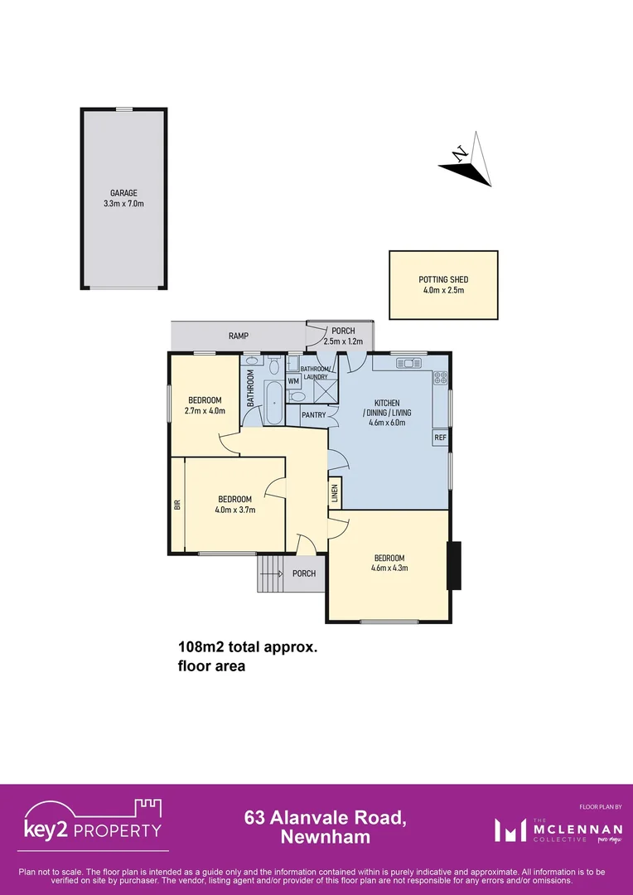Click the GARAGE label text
click(x=123, y=193)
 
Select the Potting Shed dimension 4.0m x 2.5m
click(x=443, y=291)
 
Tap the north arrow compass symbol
click(x=468, y=161)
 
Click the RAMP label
click(x=239, y=336)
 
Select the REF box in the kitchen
click(x=440, y=437)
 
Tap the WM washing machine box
click(x=293, y=381)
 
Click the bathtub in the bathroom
click(x=273, y=404)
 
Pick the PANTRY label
click(x=313, y=414)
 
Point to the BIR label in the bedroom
click(x=177, y=504)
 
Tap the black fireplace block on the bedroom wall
click(x=453, y=565)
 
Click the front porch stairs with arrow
click(x=269, y=573)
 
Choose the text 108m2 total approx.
click(x=248, y=647)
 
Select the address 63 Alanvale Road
click(x=325, y=819)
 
